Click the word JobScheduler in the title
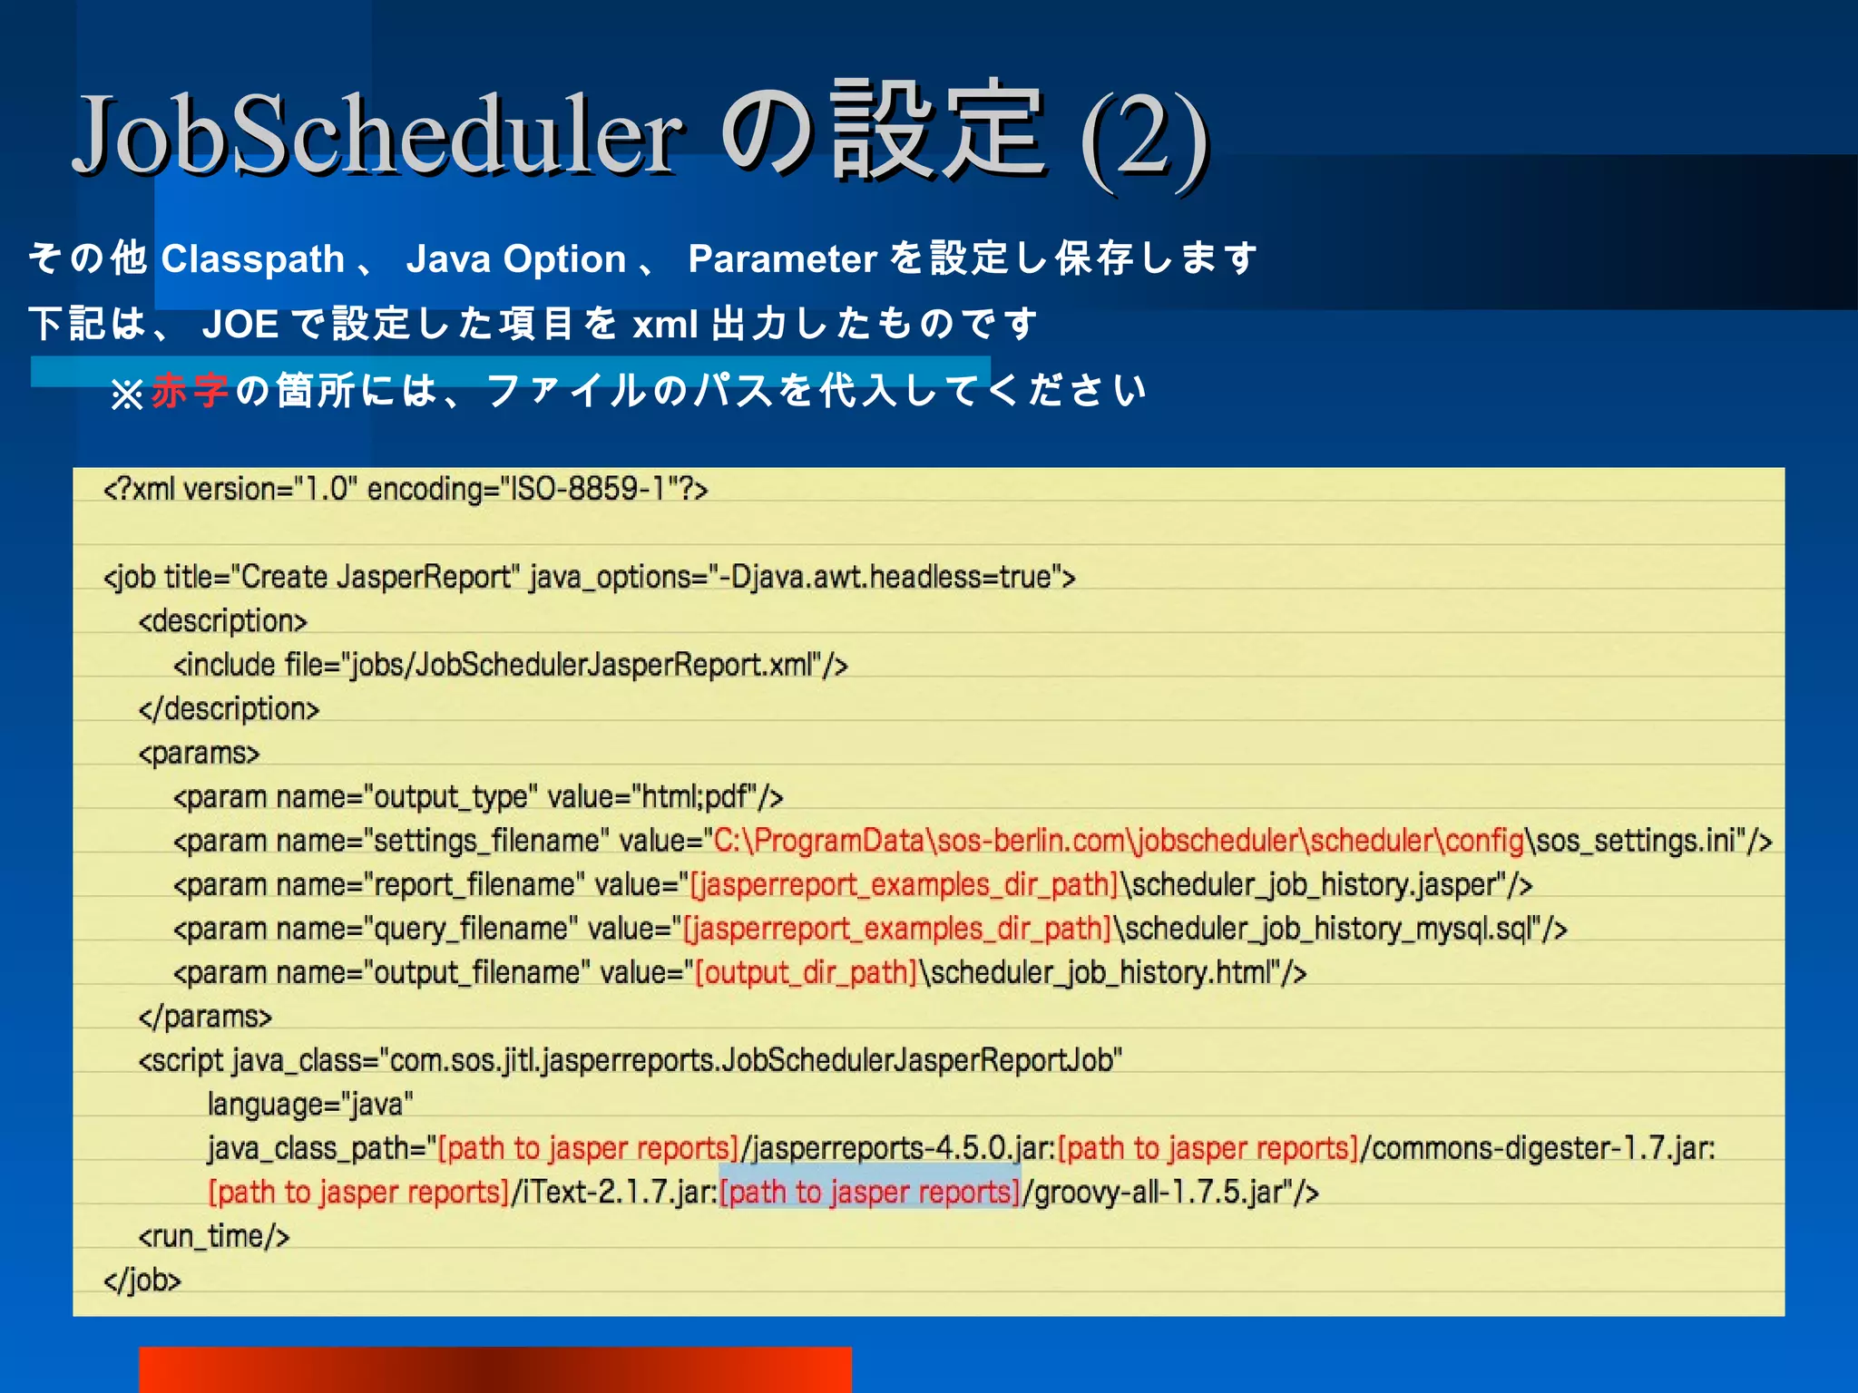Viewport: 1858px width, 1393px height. (x=376, y=136)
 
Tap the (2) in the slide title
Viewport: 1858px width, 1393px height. (x=1145, y=139)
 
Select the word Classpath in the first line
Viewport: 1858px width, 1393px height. (x=252, y=259)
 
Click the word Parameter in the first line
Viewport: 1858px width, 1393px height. (x=782, y=259)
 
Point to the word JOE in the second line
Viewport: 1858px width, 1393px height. (x=240, y=325)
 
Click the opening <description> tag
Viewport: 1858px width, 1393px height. (x=222, y=621)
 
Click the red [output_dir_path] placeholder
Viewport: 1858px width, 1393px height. (x=806, y=972)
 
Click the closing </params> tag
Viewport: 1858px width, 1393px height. (x=204, y=1017)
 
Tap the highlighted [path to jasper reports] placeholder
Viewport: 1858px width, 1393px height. (x=870, y=1192)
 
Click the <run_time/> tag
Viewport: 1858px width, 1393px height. (x=213, y=1236)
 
